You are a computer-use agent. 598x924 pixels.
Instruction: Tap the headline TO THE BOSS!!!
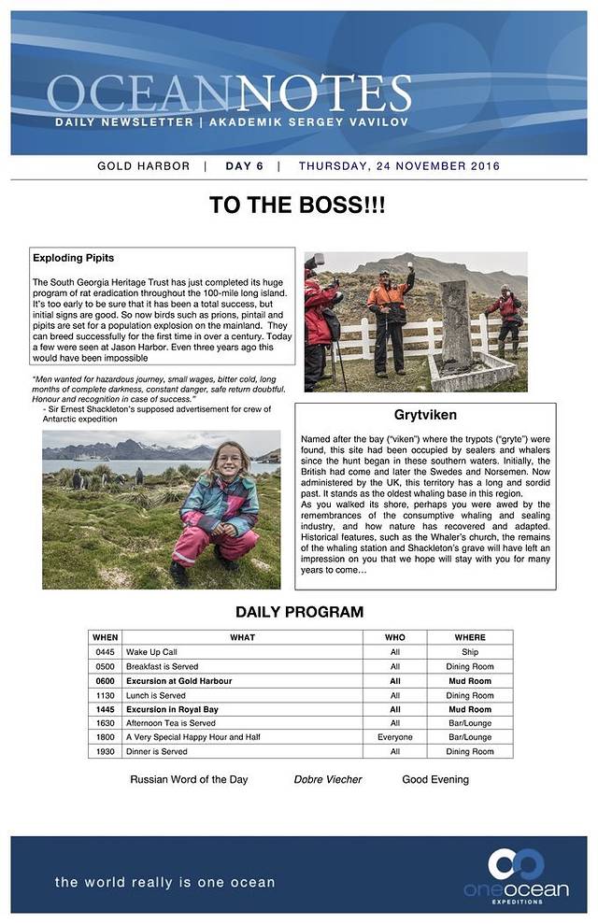[x=297, y=206]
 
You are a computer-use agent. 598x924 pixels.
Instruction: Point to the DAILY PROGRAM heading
[x=299, y=613]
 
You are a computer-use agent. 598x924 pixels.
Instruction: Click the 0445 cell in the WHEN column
[x=105, y=652]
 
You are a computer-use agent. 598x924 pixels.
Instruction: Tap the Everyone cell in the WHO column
[x=394, y=737]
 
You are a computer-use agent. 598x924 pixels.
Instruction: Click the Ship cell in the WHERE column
[x=470, y=652]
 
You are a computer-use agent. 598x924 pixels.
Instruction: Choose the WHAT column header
[x=242, y=637]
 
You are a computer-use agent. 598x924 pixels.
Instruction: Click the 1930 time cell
[x=105, y=751]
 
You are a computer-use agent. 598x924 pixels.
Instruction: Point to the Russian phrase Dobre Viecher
[x=327, y=779]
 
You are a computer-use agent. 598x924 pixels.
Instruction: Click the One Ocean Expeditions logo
[x=516, y=874]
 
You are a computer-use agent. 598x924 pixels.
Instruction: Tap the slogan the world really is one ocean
[x=164, y=882]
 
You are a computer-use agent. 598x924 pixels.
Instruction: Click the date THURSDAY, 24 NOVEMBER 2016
[x=399, y=166]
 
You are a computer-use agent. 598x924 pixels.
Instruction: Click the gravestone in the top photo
[x=457, y=321]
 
